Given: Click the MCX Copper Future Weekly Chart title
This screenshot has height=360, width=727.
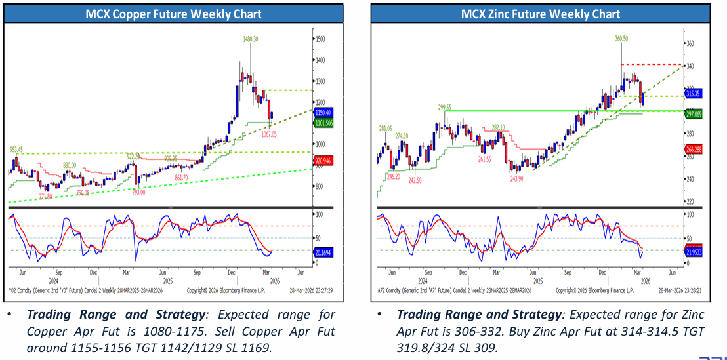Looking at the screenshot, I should click(x=173, y=14).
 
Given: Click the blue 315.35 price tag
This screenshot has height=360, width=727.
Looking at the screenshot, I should click(x=694, y=94).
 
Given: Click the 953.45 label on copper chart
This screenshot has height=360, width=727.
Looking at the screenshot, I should click(x=17, y=149).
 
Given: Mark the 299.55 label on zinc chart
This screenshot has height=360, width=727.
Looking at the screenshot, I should click(x=446, y=106).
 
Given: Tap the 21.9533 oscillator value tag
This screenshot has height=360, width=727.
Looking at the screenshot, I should click(x=694, y=251).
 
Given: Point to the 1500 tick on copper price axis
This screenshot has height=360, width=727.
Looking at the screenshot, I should click(x=320, y=40).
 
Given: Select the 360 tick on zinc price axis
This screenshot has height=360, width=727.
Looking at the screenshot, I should click(x=690, y=43).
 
